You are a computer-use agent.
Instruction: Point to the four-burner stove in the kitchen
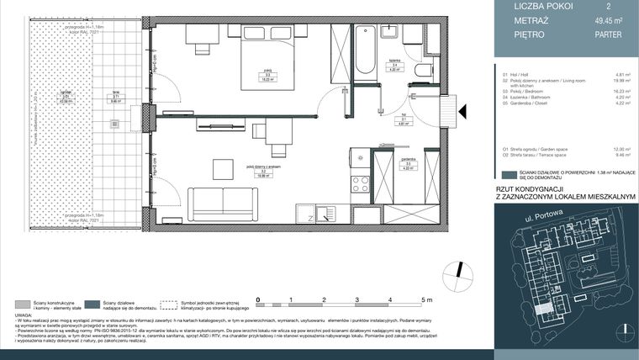[360, 183]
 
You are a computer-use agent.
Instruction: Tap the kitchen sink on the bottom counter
[326, 215]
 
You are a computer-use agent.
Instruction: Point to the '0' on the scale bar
[258, 299]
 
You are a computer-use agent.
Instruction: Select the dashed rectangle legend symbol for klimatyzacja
[172, 304]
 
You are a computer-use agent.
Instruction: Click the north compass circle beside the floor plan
[457, 271]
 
